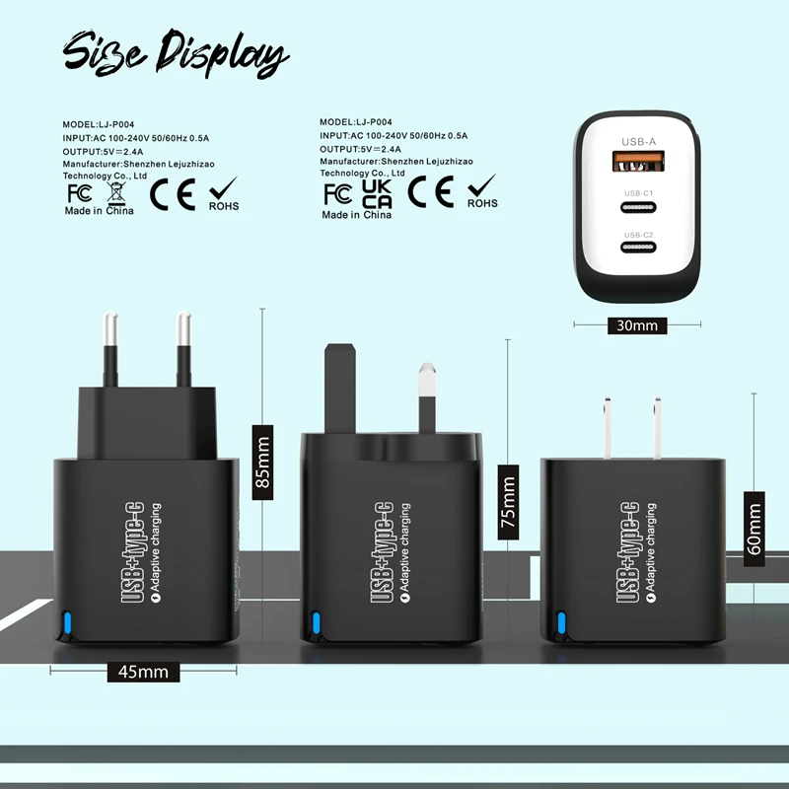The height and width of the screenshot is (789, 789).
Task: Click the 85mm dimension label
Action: click(262, 462)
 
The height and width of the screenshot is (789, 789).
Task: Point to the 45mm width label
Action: click(144, 672)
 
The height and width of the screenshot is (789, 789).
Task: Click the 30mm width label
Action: click(636, 324)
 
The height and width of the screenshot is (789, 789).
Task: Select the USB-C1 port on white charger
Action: click(639, 208)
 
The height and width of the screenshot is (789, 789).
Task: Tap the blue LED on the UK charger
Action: click(317, 622)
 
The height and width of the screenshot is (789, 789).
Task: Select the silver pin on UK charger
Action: click(427, 399)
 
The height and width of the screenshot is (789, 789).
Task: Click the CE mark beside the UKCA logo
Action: click(431, 191)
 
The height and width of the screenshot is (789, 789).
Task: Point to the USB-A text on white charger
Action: click(639, 142)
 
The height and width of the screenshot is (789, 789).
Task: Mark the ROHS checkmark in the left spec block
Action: click(224, 188)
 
